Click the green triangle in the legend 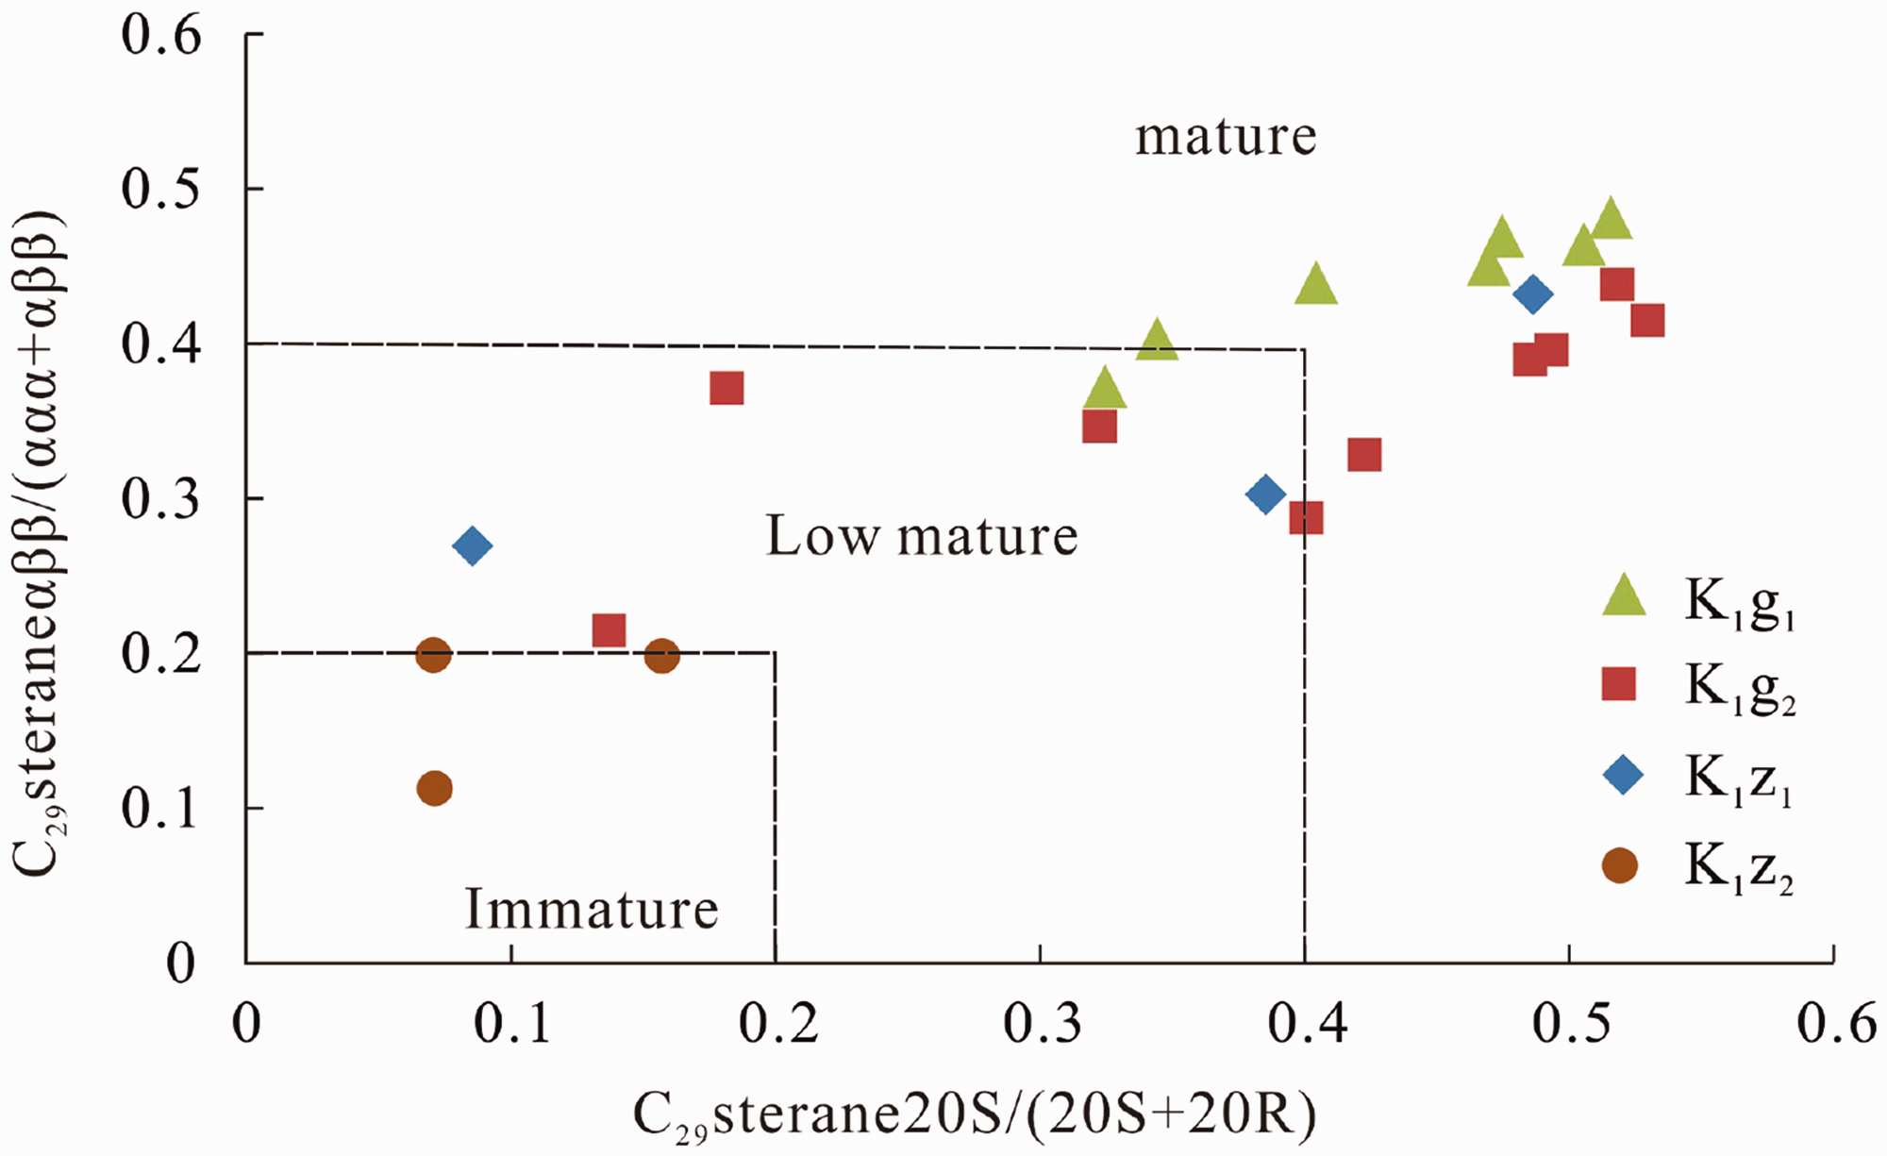1624,597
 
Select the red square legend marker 1619,684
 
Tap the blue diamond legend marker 1623,776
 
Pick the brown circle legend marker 1620,864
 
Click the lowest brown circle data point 434,788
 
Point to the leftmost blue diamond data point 473,545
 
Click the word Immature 592,909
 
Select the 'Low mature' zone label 921,536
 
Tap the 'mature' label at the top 1226,138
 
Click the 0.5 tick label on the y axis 161,189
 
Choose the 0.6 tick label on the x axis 1836,1024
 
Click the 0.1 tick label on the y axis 161,809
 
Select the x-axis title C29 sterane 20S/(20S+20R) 974,1116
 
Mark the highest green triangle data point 1611,219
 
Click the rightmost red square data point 1647,321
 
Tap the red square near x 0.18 726,388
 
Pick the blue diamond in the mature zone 1533,294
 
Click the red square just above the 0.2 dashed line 610,630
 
